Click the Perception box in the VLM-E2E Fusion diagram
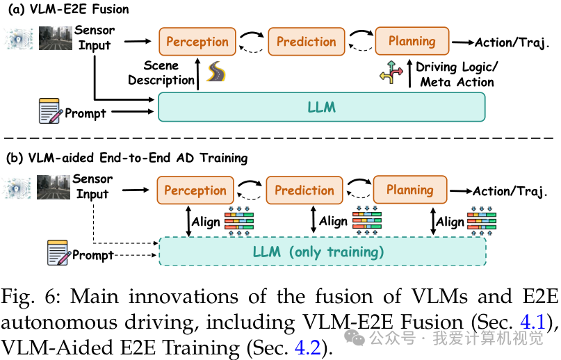(x=197, y=42)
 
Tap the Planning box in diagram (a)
(x=412, y=41)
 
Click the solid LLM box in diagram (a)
(x=321, y=108)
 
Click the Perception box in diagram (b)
(x=195, y=190)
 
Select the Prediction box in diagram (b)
(x=304, y=190)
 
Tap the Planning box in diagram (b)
(x=410, y=190)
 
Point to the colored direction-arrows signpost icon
(x=391, y=73)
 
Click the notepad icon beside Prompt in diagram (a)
(x=50, y=112)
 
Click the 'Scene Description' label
(x=161, y=73)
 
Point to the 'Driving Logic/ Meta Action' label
(x=456, y=74)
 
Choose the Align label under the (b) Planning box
(x=450, y=222)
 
